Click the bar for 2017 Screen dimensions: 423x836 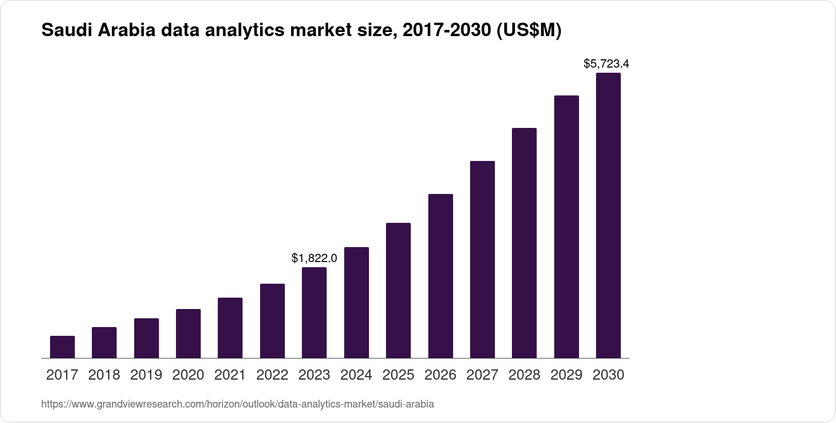pyautogui.click(x=62, y=347)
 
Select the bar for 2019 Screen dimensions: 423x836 pyautogui.click(x=147, y=338)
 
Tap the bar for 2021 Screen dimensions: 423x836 pyautogui.click(x=230, y=328)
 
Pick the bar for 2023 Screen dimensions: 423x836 pyautogui.click(x=314, y=313)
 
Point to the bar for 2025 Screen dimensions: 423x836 pyautogui.click(x=398, y=290)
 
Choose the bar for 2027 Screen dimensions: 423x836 pyautogui.click(x=483, y=259)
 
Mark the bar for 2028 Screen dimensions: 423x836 pyautogui.click(x=524, y=243)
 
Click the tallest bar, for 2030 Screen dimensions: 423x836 pyautogui.click(x=608, y=216)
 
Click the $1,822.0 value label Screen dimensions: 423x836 pyautogui.click(x=314, y=258)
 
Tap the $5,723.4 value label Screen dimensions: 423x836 pyautogui.click(x=606, y=64)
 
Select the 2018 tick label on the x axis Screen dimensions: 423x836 pyautogui.click(x=104, y=375)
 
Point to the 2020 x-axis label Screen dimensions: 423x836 pyautogui.click(x=188, y=375)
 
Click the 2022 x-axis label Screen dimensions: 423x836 pyautogui.click(x=272, y=375)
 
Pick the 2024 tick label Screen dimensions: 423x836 pyautogui.click(x=356, y=375)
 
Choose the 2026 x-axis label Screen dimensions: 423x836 pyautogui.click(x=440, y=375)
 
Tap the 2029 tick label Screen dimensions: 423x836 pyautogui.click(x=566, y=375)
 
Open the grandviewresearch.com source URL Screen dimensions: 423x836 pyautogui.click(x=237, y=404)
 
